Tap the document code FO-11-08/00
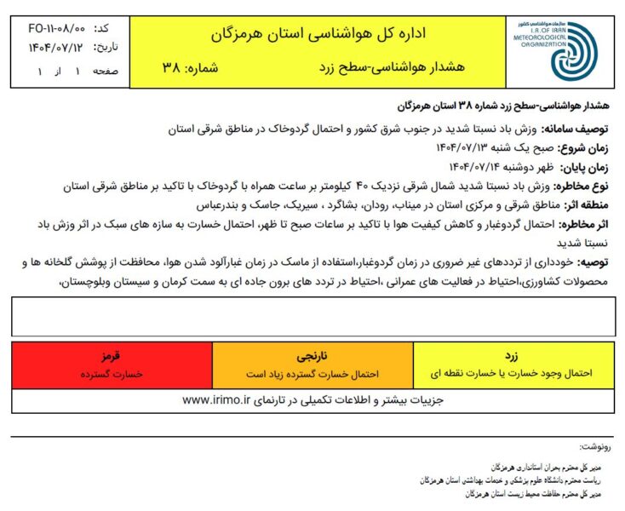52,27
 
